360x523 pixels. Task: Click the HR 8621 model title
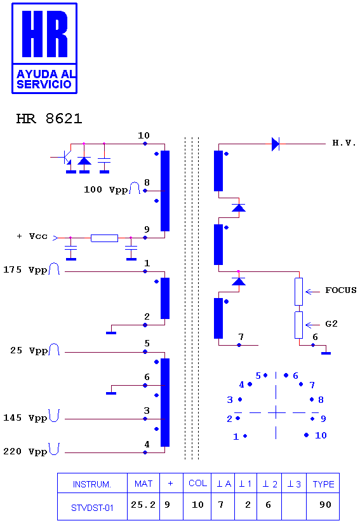pos(49,118)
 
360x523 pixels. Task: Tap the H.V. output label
pos(344,143)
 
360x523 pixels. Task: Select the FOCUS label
pos(341,290)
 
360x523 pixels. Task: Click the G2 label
pos(331,323)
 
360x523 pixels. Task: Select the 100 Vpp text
pos(105,190)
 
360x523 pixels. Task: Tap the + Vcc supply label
pos(32,236)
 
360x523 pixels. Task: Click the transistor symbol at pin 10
pos(67,157)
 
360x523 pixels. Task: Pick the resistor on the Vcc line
pos(104,238)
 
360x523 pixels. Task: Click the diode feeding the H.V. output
pos(276,144)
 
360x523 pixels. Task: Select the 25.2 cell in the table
pos(143,505)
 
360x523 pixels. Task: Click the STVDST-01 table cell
pos(92,508)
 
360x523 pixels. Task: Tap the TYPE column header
pos(323,484)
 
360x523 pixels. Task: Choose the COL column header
pos(197,484)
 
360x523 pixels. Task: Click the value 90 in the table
pos(325,505)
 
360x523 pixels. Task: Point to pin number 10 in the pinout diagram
pos(321,435)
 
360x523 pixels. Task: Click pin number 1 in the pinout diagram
pos(236,437)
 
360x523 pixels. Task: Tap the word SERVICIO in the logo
pos(44,84)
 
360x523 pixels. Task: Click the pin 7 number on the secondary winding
pos(241,337)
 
